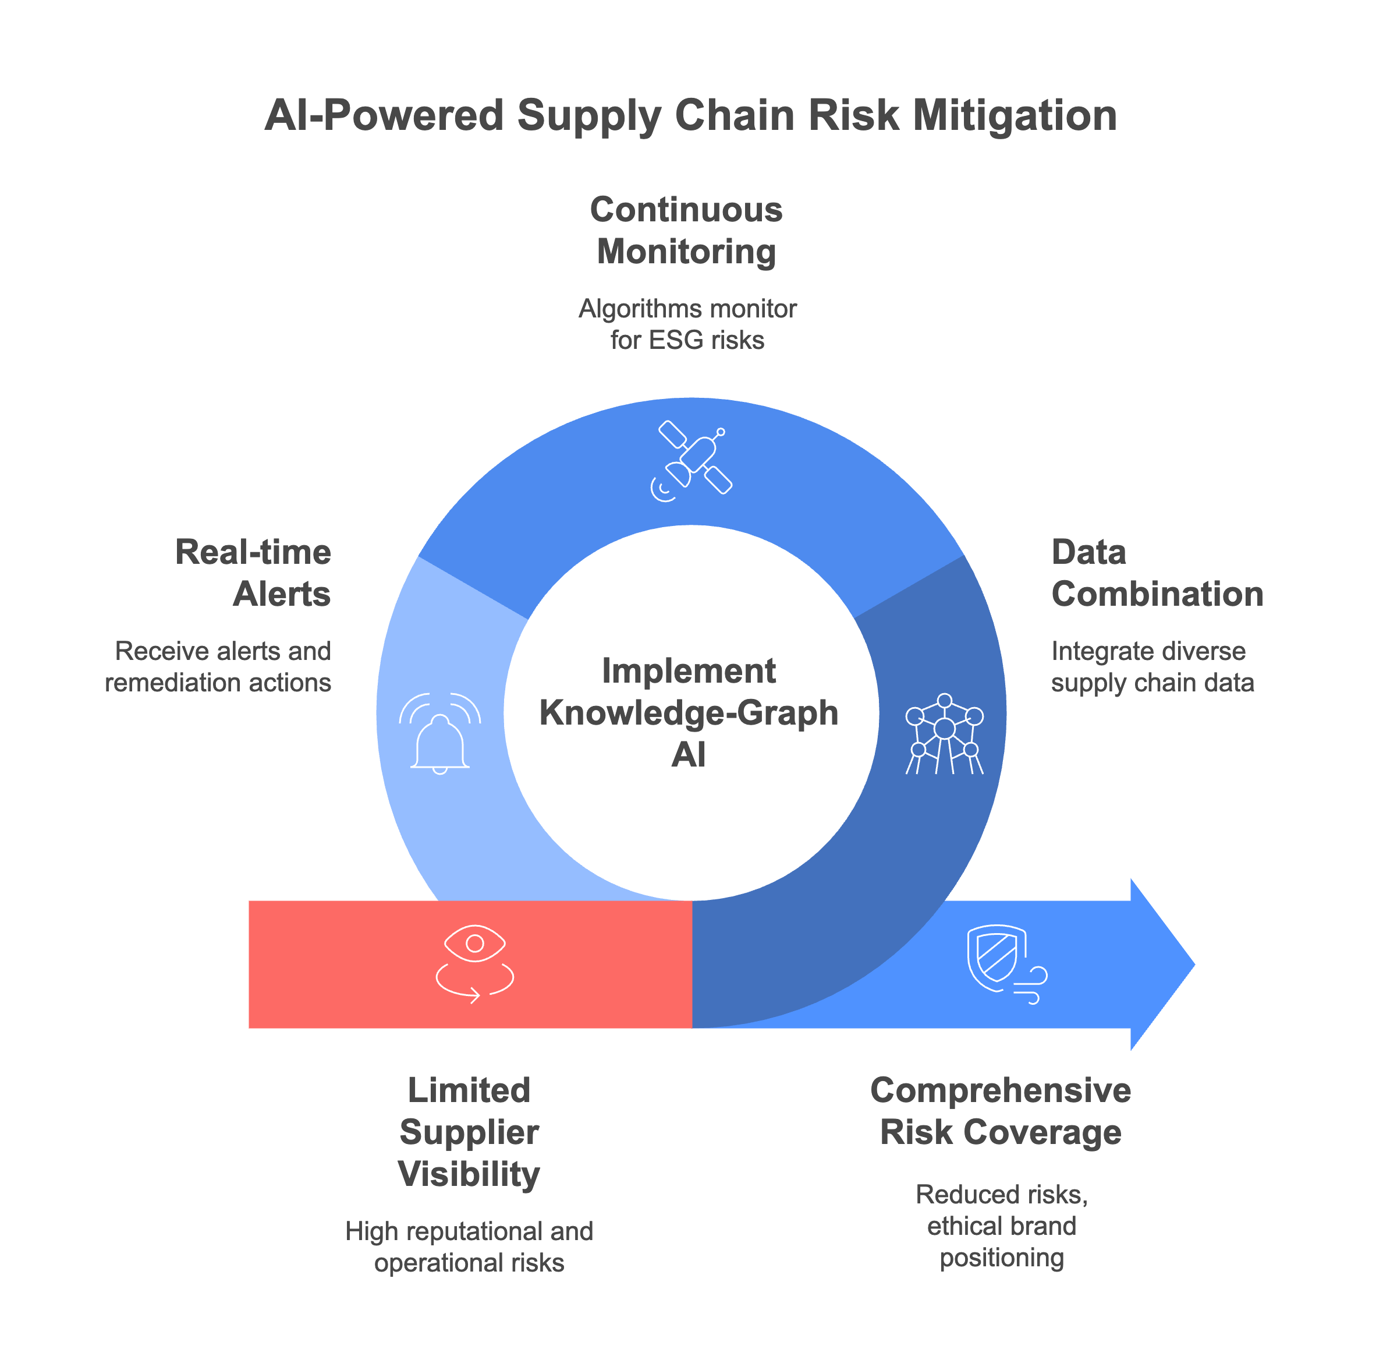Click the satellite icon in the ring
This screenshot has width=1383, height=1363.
(x=691, y=460)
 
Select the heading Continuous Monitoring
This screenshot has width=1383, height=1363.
(x=686, y=231)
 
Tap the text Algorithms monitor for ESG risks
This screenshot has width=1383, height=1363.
(x=687, y=324)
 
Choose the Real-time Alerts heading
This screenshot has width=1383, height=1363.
(x=253, y=573)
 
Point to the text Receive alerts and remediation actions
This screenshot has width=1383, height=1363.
(x=219, y=666)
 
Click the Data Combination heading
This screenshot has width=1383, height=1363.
(x=1156, y=573)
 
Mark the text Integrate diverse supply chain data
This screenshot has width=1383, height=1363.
(x=1152, y=666)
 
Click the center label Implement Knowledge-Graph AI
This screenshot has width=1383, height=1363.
(x=688, y=712)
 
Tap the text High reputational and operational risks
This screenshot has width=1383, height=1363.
(x=469, y=1247)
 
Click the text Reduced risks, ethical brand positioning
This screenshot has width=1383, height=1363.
(x=1001, y=1226)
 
